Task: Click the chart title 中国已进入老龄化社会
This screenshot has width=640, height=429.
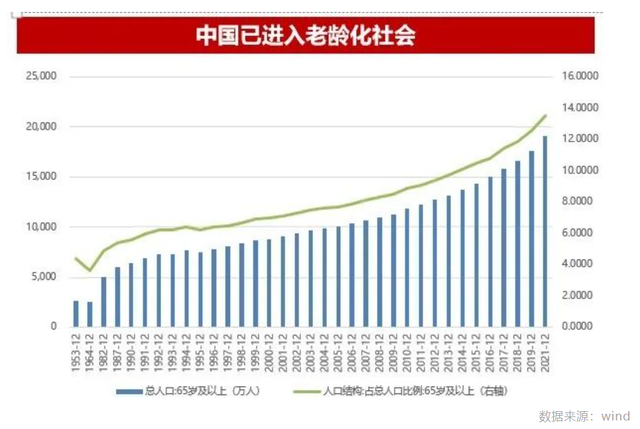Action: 305,36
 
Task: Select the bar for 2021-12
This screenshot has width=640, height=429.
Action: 545,232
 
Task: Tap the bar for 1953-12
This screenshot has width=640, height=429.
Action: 76,314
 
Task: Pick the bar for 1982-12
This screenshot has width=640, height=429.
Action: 104,302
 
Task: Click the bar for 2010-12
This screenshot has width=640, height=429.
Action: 407,267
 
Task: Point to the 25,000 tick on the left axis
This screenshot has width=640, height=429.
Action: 41,77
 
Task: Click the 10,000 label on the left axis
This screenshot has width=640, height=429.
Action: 41,227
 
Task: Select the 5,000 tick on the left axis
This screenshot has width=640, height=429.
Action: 44,277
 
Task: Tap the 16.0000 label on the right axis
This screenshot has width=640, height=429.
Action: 580,77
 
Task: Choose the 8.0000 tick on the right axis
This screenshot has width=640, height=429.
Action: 580,201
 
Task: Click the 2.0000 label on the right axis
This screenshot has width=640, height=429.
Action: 580,295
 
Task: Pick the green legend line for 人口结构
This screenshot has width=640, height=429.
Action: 306,391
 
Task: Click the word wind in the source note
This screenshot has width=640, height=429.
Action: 616,416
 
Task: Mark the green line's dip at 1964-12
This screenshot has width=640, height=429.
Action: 90,271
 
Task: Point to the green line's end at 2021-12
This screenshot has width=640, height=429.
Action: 545,116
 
